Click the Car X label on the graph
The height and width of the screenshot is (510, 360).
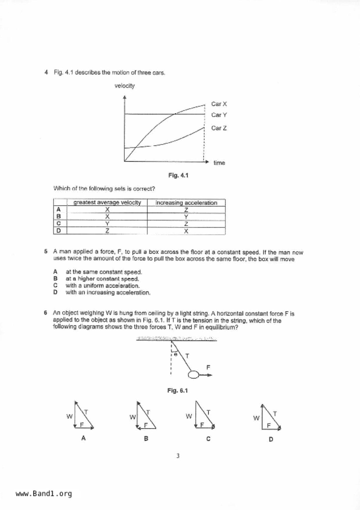[x=219, y=104]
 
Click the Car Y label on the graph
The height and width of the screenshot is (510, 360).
[x=219, y=115]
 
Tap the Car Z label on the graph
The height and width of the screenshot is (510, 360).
[x=219, y=128]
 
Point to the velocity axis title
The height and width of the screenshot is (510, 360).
[x=124, y=86]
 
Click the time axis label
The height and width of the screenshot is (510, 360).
[x=219, y=163]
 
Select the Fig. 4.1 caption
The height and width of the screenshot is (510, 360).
[x=178, y=175]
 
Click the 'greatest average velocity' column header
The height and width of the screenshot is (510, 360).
[x=107, y=202]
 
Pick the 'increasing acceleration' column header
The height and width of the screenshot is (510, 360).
[x=186, y=203]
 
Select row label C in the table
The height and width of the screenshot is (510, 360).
[x=59, y=224]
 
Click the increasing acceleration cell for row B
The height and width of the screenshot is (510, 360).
[x=186, y=217]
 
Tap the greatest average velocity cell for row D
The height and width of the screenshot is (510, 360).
[x=107, y=231]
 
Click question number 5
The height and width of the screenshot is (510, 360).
[x=46, y=252]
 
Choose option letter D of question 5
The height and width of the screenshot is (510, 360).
[x=55, y=292]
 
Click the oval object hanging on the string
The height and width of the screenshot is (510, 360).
[x=193, y=375]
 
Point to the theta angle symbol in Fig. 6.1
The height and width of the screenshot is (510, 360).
[x=175, y=354]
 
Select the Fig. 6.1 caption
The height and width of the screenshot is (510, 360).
[x=177, y=390]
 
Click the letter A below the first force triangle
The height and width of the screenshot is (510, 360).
[x=83, y=438]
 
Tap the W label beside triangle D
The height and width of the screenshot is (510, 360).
[x=256, y=418]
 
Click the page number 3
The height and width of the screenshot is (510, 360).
[x=178, y=456]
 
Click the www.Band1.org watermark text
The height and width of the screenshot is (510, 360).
[x=44, y=493]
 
